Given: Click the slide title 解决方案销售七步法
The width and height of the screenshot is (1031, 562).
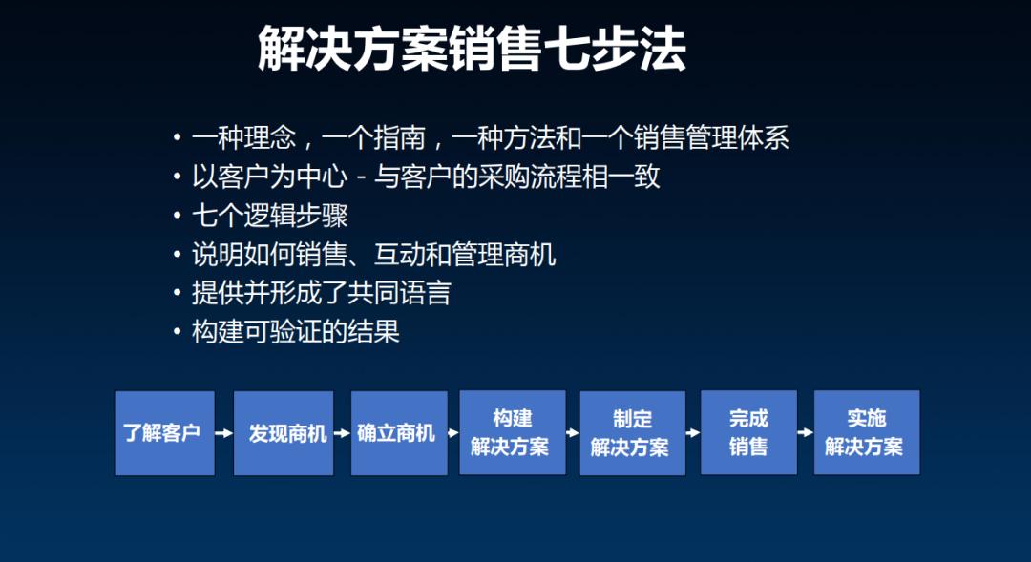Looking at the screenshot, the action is click(472, 49).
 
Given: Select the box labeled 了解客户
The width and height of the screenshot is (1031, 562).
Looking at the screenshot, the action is click(165, 433).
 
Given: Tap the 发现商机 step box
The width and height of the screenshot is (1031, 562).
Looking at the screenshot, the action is click(284, 433).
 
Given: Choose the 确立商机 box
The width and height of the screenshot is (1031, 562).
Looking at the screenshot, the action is click(399, 433).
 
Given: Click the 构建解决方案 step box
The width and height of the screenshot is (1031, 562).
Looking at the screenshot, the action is click(513, 432).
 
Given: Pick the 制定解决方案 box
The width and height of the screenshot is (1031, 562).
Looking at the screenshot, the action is click(633, 433).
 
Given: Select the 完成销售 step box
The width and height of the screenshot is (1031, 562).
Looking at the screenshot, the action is click(749, 432).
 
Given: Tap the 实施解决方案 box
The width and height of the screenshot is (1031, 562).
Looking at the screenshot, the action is click(867, 432).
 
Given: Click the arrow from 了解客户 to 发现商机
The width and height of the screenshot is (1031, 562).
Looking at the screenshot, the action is click(224, 433).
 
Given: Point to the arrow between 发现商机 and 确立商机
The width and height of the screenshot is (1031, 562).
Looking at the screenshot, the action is click(342, 433).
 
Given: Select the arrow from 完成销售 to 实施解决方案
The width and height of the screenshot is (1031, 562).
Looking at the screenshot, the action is click(806, 432).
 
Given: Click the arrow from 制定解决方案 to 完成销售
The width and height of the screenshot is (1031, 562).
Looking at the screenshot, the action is click(693, 432).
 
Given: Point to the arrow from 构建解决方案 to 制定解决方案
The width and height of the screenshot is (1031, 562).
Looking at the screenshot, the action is click(573, 432).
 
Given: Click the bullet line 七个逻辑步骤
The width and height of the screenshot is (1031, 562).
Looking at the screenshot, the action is click(269, 216).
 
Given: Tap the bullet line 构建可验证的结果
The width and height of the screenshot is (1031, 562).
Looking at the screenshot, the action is click(295, 331).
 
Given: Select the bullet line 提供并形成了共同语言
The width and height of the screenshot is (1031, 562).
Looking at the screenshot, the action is click(321, 293).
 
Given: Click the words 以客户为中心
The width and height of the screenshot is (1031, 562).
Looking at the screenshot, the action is click(269, 177).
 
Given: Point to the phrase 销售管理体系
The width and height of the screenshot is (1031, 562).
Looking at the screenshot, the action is click(711, 138).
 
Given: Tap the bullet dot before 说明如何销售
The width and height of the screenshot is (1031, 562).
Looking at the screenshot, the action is click(177, 255).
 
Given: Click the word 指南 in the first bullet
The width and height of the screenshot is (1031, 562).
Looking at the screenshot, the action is click(400, 138).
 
